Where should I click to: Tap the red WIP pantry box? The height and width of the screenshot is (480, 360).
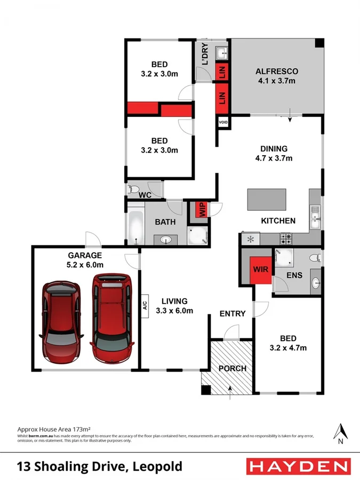point(202,209)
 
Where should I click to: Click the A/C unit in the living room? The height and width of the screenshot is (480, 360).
point(144,306)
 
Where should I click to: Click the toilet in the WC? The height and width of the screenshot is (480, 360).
point(134,189)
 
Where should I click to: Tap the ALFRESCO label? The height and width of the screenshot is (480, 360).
point(276,71)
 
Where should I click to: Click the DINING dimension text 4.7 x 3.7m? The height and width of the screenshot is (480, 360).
point(274,158)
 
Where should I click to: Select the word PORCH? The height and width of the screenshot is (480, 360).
point(232,369)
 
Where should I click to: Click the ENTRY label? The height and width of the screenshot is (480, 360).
point(233,314)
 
